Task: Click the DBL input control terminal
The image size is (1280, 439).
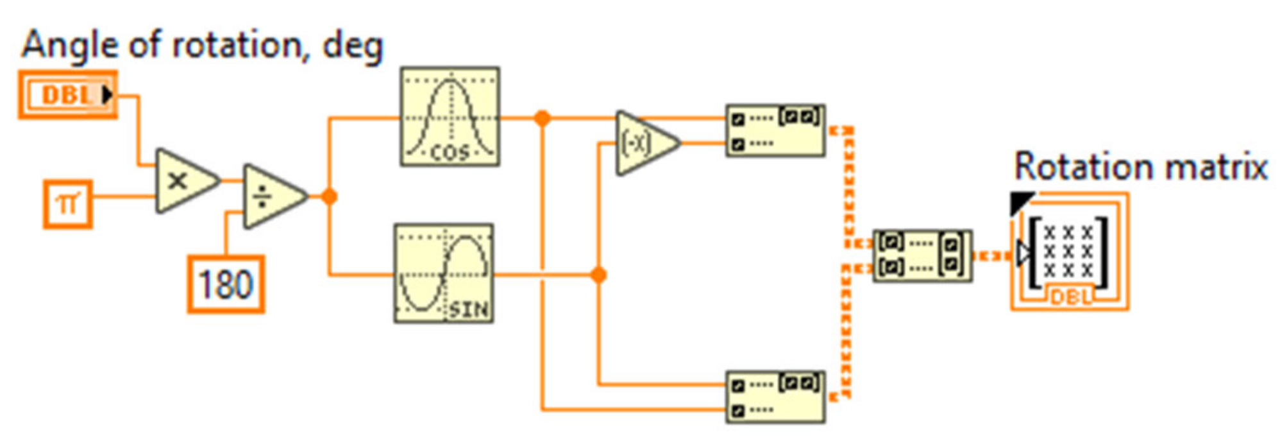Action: click(x=68, y=95)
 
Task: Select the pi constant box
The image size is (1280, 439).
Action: click(x=68, y=205)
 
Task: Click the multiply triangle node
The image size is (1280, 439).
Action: click(x=183, y=181)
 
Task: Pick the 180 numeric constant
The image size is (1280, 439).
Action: click(x=226, y=284)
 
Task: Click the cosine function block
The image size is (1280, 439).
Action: click(x=450, y=117)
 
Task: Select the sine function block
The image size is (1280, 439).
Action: click(x=444, y=273)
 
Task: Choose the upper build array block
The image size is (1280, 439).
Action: click(x=775, y=131)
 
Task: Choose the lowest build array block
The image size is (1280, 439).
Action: click(x=775, y=397)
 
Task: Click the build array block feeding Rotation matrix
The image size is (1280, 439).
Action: click(x=922, y=255)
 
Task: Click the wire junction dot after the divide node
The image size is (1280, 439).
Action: click(x=329, y=197)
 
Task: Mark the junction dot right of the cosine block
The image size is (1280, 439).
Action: click(x=543, y=118)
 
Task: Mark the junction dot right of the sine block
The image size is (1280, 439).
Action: click(x=598, y=275)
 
